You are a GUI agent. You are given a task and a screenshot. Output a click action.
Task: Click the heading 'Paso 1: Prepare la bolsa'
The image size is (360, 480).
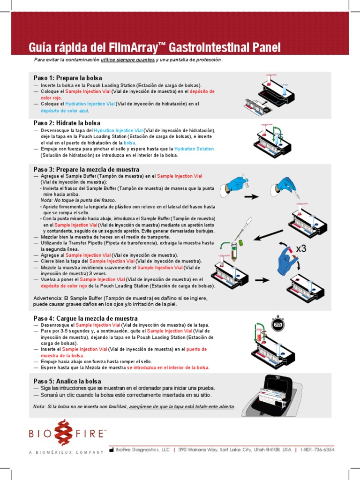[x=67, y=78]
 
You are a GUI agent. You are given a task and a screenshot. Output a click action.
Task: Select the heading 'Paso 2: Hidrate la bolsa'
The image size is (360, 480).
[x=67, y=123]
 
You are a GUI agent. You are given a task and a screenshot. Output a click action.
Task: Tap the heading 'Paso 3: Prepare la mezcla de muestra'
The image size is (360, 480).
[x=86, y=169]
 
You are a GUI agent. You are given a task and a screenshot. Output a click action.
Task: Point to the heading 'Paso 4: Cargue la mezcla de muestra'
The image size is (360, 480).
[x=85, y=318]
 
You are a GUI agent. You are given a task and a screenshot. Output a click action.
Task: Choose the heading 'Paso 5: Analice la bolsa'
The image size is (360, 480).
[x=67, y=381]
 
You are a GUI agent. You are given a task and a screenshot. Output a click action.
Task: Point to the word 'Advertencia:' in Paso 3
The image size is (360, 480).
[x=49, y=298]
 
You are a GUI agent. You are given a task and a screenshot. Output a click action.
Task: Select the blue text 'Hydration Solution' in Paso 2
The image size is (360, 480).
[x=194, y=149]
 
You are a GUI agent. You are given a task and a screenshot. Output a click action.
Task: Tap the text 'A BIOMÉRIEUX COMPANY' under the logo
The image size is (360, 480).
[x=66, y=452]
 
